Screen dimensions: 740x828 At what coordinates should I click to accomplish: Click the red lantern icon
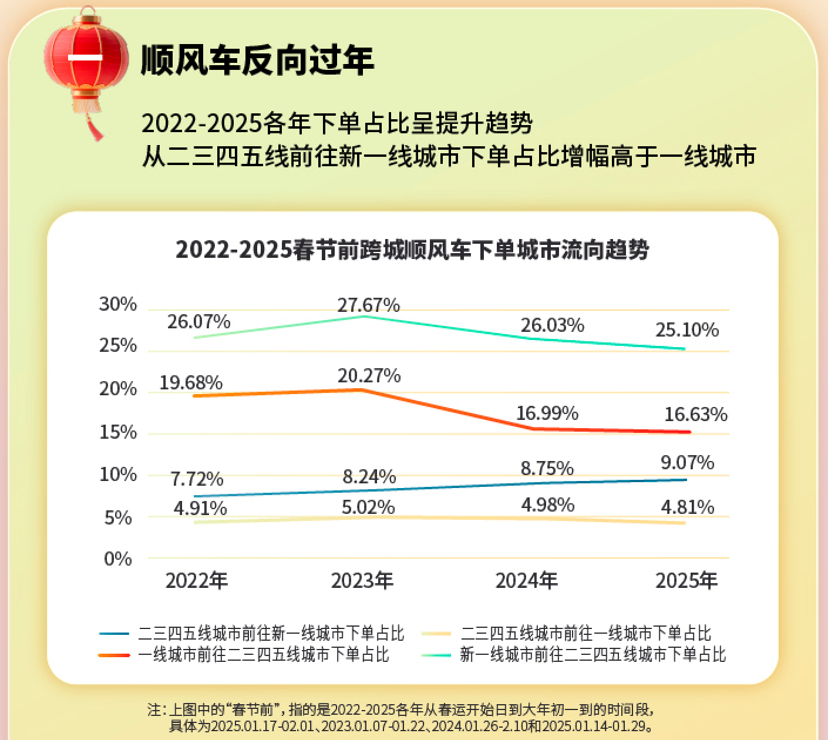coord(86,62)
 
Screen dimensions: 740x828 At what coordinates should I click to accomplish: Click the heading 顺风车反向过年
coord(257,60)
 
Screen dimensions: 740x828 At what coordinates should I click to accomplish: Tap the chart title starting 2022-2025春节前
coord(412,250)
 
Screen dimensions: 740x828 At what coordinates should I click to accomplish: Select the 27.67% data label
coord(368,305)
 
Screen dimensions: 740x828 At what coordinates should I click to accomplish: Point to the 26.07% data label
coord(198,322)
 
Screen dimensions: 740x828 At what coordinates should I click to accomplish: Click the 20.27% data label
coord(369,376)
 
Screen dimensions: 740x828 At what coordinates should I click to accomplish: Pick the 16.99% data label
coord(547,413)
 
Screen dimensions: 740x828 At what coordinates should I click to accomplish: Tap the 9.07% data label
coord(687,463)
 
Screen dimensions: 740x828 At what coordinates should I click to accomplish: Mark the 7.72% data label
coord(197,479)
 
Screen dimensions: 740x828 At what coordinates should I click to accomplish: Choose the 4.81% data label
coord(687,507)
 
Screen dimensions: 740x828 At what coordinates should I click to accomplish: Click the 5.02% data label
coord(368,507)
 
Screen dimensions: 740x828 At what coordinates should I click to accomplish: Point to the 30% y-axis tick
coord(117,304)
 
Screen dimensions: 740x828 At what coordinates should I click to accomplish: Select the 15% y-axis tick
coord(117,433)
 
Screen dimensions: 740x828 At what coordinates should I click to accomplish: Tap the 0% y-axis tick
coord(117,559)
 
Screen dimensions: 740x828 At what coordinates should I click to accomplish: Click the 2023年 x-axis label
coord(362,581)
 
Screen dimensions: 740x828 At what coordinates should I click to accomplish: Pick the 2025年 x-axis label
coord(686,581)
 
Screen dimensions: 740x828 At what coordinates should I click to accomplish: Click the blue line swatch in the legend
coord(114,634)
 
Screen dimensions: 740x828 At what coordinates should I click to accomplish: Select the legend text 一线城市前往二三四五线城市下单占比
coord(263,655)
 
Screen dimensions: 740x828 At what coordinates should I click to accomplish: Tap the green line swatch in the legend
coord(436,655)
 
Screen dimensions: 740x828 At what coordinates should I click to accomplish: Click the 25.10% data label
coord(687,330)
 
